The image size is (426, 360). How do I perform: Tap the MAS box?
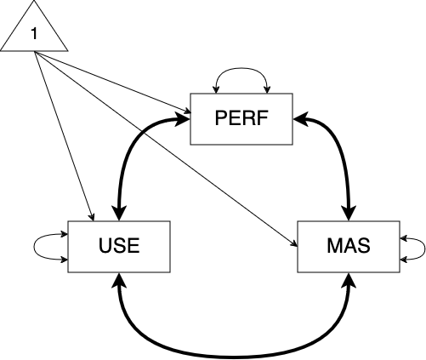347,247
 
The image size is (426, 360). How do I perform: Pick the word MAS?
347,247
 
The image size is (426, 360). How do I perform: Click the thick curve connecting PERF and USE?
128,153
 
